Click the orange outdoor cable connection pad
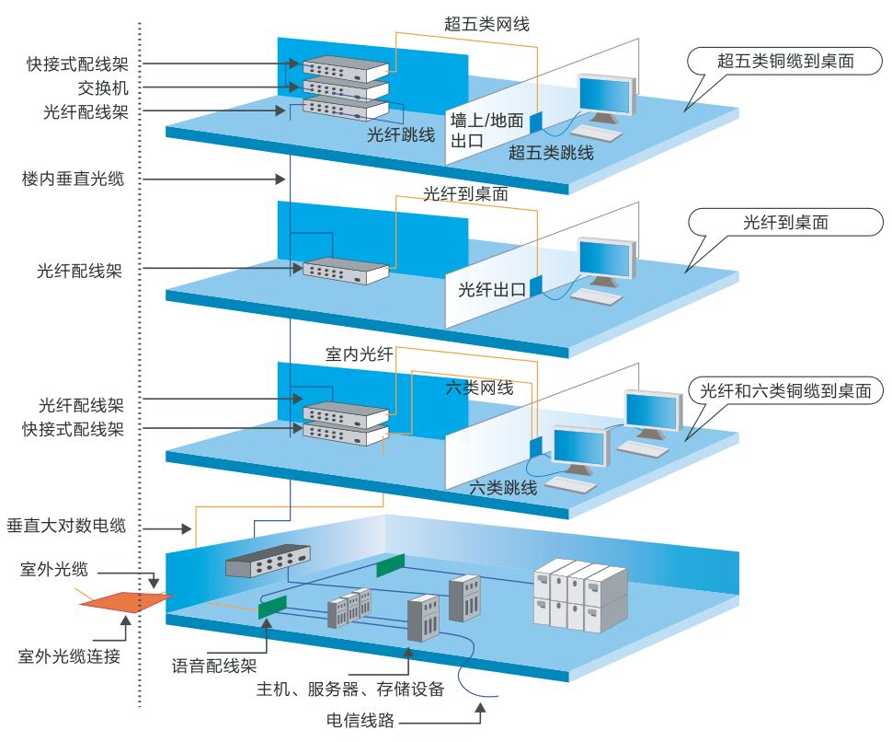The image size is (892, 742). click(125, 601)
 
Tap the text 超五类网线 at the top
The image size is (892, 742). click(487, 23)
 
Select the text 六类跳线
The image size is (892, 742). click(503, 488)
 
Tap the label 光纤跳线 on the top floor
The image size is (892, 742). click(401, 133)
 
